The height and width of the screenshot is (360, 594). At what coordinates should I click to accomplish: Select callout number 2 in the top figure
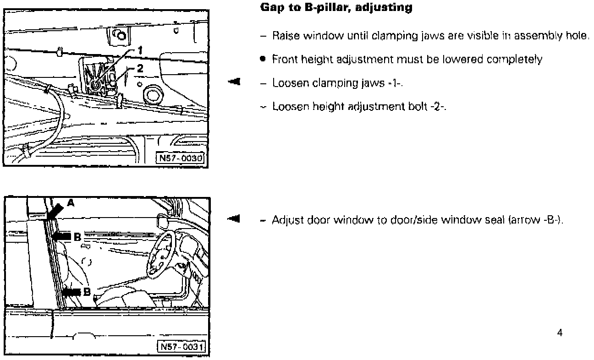click(140, 69)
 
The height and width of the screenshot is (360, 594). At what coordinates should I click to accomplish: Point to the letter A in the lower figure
click(71, 202)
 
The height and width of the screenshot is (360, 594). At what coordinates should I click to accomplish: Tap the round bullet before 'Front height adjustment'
click(263, 59)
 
